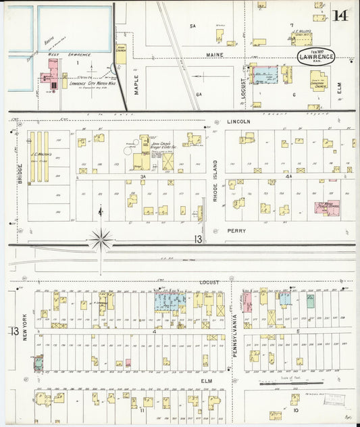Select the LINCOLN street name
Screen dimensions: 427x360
[x=238, y=122]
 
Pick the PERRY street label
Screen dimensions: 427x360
[x=236, y=230]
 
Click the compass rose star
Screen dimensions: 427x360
[x=101, y=238]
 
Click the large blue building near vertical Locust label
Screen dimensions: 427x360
[x=265, y=74]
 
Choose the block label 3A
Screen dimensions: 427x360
[x=143, y=176]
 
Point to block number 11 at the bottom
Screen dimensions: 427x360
[x=143, y=409]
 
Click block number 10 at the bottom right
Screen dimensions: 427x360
[x=295, y=409]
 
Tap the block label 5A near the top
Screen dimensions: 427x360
[x=192, y=26]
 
